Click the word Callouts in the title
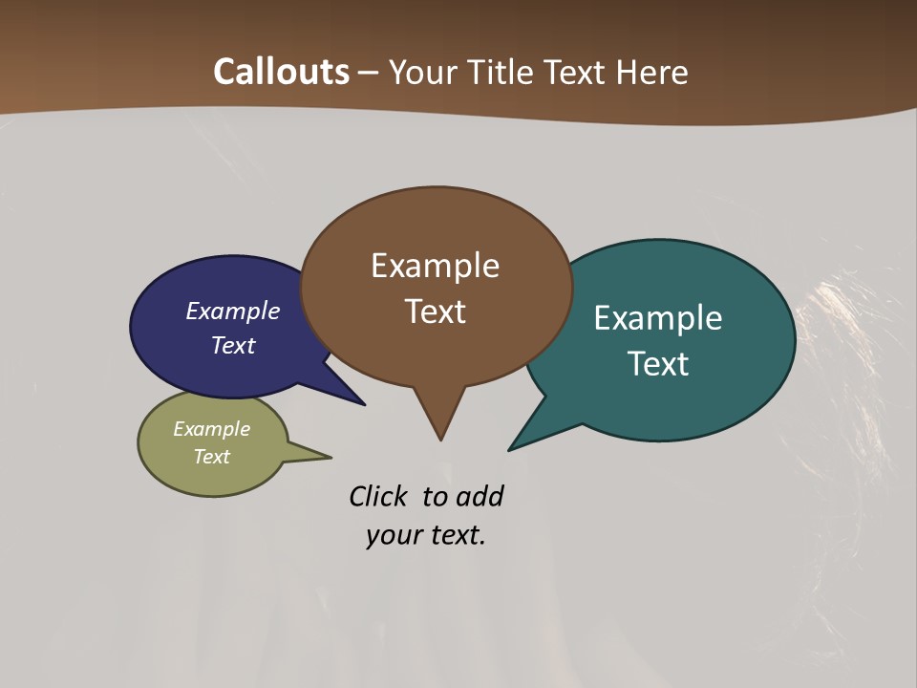[281, 72]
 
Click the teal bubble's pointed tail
[516, 444]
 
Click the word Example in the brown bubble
[435, 266]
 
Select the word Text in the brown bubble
[435, 312]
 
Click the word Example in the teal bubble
[658, 318]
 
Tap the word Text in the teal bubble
[658, 364]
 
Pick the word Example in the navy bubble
[232, 312]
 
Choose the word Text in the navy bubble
[232, 346]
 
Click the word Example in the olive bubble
[211, 430]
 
